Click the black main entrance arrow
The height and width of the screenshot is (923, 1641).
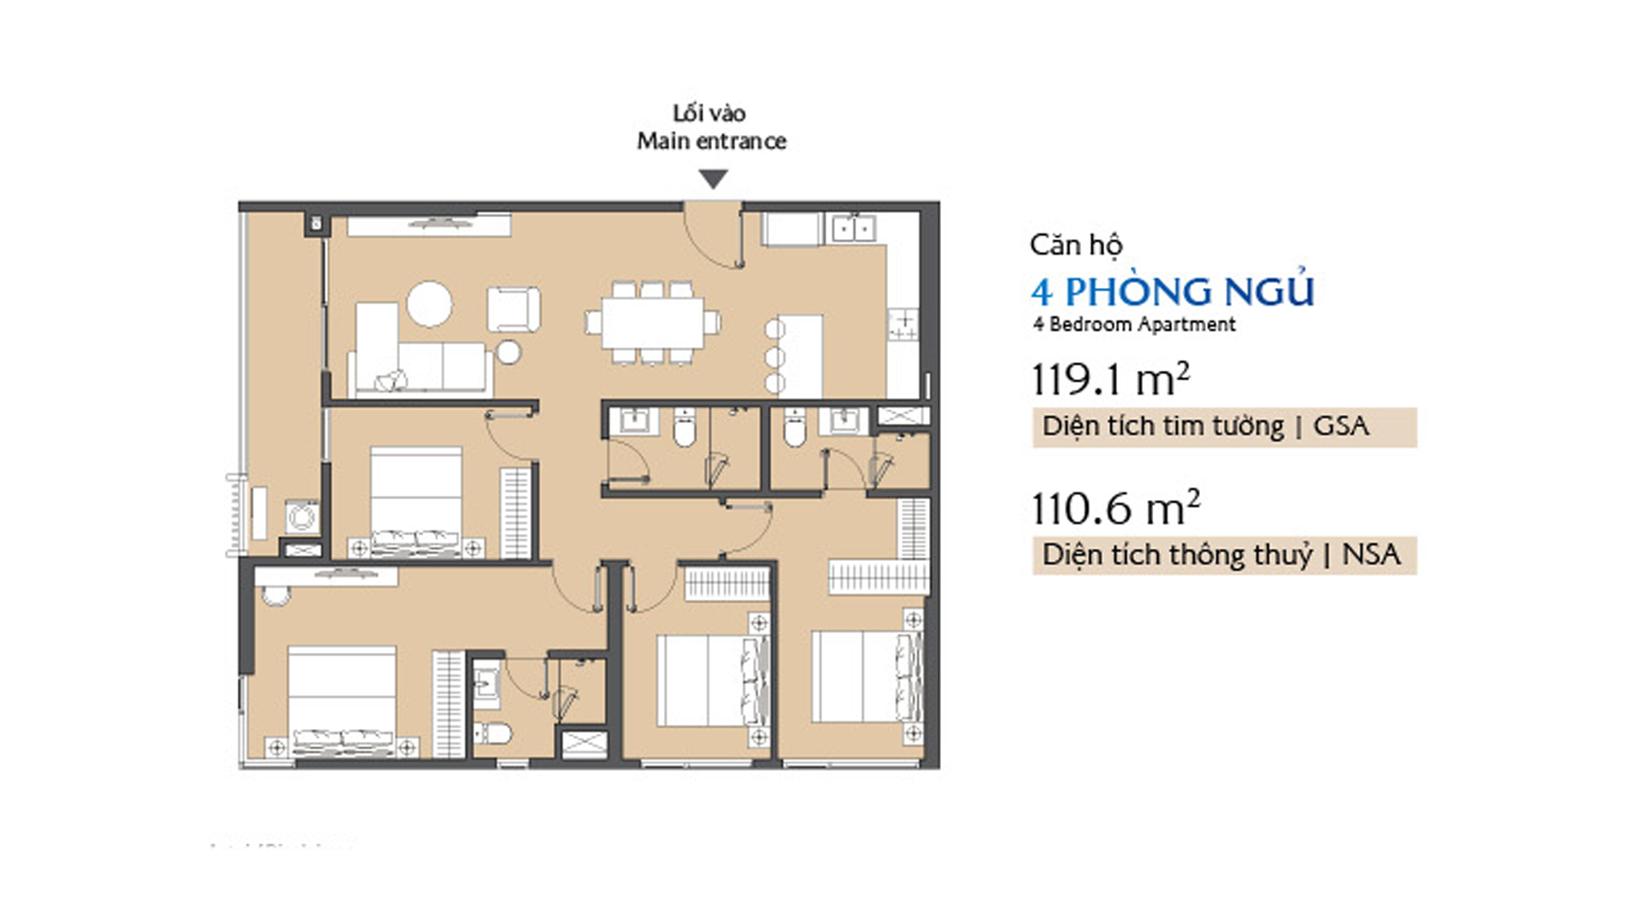pyautogui.click(x=713, y=179)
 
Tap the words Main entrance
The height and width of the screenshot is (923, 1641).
pyautogui.click(x=711, y=141)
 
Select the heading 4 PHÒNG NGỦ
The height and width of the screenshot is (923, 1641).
pyautogui.click(x=1172, y=291)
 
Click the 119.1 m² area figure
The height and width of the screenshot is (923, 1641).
pyautogui.click(x=1110, y=379)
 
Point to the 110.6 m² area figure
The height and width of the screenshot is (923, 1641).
pyautogui.click(x=1115, y=508)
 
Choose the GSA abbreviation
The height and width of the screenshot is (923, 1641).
pyautogui.click(x=1341, y=426)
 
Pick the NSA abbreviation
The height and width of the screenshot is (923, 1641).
pyautogui.click(x=1371, y=555)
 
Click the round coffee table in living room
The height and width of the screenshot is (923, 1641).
pyautogui.click(x=429, y=303)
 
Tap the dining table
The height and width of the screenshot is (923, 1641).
pyautogui.click(x=652, y=322)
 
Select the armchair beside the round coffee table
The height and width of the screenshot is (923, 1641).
pyautogui.click(x=514, y=309)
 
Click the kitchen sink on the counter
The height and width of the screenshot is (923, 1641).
pyautogui.click(x=853, y=228)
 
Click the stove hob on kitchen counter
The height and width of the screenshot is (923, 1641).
pyautogui.click(x=903, y=324)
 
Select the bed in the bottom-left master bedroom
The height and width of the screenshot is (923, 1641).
pyautogui.click(x=342, y=701)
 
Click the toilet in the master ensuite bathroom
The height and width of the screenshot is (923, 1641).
pyautogui.click(x=492, y=733)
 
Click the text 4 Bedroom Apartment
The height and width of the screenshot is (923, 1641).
pyautogui.click(x=1133, y=325)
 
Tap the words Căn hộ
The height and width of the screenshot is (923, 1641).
pyautogui.click(x=1075, y=245)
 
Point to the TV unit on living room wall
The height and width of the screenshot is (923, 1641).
pyautogui.click(x=429, y=225)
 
